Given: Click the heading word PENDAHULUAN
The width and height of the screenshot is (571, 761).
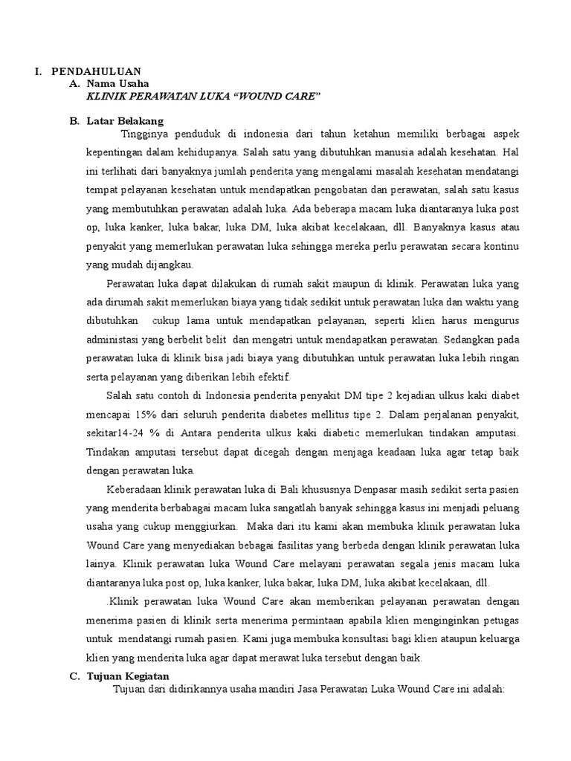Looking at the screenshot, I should (x=96, y=71).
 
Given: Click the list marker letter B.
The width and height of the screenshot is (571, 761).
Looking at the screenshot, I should (x=73, y=120).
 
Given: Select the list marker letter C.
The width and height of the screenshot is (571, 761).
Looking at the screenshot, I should (x=73, y=676).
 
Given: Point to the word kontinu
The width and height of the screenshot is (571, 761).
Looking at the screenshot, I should (x=501, y=246).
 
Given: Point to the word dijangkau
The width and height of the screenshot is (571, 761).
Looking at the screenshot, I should (x=171, y=265).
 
